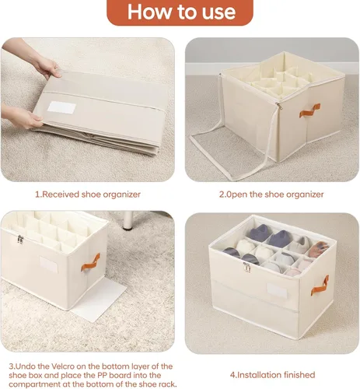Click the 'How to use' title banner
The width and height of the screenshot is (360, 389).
[x=180, y=12]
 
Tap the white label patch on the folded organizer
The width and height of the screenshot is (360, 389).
[x=62, y=107]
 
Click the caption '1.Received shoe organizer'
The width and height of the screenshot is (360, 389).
[x=88, y=194]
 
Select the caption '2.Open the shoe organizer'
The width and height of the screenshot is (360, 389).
[x=271, y=194]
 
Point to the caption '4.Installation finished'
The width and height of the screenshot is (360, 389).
[x=273, y=375]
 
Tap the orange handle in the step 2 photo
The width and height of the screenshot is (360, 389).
[x=309, y=110]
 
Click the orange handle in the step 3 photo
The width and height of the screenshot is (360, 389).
[x=90, y=262]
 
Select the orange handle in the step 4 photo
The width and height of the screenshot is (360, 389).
[x=320, y=286]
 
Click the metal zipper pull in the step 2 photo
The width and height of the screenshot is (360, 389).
[x=279, y=106]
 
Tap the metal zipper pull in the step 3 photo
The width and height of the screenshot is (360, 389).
[x=20, y=239]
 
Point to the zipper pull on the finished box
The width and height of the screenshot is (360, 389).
[x=246, y=267]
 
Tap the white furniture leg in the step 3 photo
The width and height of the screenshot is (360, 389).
[x=128, y=220]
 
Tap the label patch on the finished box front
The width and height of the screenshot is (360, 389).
[x=277, y=290]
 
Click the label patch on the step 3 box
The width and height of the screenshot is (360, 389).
[x=48, y=264]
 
